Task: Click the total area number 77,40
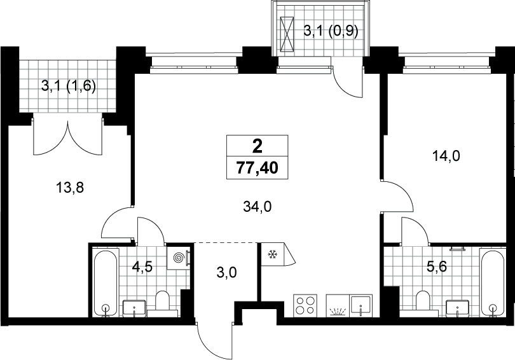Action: coord(257,168)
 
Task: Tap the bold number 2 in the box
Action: coord(257,146)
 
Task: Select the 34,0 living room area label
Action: coord(257,207)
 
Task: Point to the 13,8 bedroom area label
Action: coord(70,188)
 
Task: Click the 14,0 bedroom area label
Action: coord(446,156)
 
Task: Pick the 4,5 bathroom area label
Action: coord(142,267)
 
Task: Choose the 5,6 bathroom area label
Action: coord(437,267)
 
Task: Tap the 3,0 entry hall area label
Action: coord(227,273)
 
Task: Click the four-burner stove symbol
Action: coord(305,305)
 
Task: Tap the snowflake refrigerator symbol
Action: coord(272,254)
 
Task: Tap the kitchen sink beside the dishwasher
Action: coord(361,305)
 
